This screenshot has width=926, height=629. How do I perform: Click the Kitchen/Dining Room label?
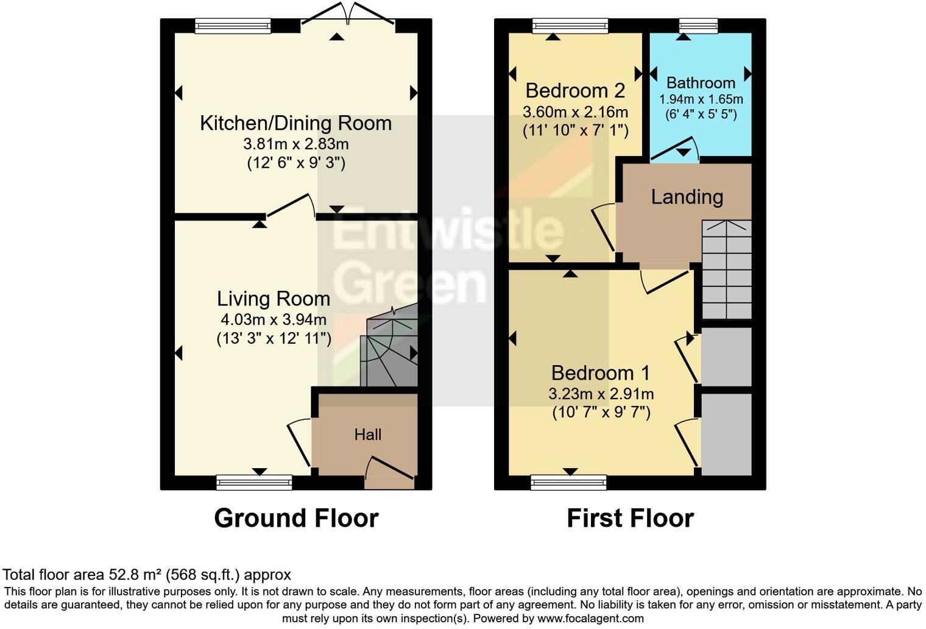[x=295, y=123]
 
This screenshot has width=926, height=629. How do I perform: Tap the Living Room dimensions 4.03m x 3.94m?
[x=274, y=319]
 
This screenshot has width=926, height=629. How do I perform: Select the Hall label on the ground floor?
[x=368, y=435]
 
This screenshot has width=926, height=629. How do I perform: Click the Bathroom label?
[x=701, y=83]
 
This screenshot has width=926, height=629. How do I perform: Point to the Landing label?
[x=687, y=197]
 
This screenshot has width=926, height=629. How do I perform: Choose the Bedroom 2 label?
[x=575, y=91]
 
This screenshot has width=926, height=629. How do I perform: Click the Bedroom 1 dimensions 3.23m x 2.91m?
[x=601, y=394]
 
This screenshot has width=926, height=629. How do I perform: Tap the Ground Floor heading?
[x=296, y=518]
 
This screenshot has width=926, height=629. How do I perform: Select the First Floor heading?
[x=630, y=518]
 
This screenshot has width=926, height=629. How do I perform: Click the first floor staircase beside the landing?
[x=727, y=269]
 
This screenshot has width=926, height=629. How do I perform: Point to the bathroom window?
[x=698, y=26]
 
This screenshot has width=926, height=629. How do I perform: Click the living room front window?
[x=254, y=483]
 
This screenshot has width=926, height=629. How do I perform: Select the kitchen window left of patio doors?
[x=233, y=26]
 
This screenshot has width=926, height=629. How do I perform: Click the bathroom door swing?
[x=675, y=149]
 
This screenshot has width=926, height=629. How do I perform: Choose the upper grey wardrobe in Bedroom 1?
[x=726, y=357]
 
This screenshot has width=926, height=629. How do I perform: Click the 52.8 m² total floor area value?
[x=131, y=574]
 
